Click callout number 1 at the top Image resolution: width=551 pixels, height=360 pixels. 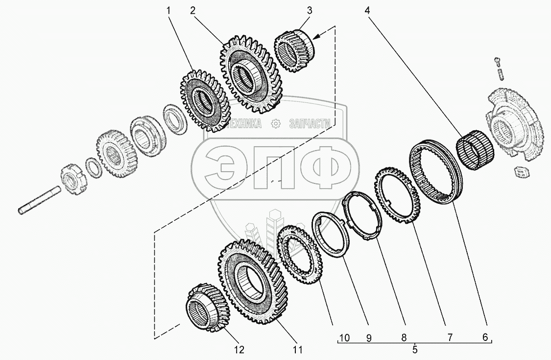point(168,11)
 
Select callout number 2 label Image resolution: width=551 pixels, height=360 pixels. point(192,11)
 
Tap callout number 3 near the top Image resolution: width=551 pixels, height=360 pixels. point(309,11)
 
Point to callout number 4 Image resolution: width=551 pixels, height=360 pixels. point(367,11)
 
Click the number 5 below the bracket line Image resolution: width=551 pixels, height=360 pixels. point(415,350)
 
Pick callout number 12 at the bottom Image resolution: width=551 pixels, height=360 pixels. point(239,350)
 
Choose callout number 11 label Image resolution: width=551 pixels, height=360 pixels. point(298,350)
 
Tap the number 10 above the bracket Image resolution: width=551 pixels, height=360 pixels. point(344,338)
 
